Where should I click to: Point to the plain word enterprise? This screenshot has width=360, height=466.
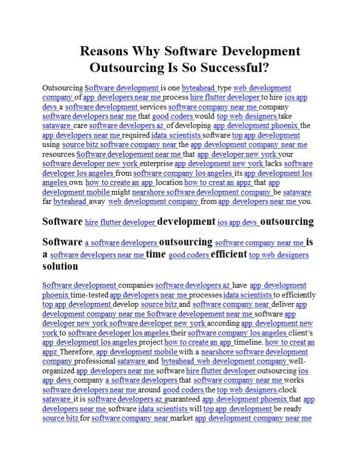click(156, 164)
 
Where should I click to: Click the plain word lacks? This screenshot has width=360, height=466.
click(274, 164)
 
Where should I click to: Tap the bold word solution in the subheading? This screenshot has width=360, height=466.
click(60, 266)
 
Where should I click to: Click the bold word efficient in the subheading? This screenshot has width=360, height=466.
click(229, 254)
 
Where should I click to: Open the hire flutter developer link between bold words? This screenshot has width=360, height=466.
click(120, 223)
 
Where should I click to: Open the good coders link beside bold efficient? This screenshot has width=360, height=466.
click(189, 255)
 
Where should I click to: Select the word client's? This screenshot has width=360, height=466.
click(300, 333)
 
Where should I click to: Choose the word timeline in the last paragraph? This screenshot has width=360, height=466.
click(248, 343)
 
